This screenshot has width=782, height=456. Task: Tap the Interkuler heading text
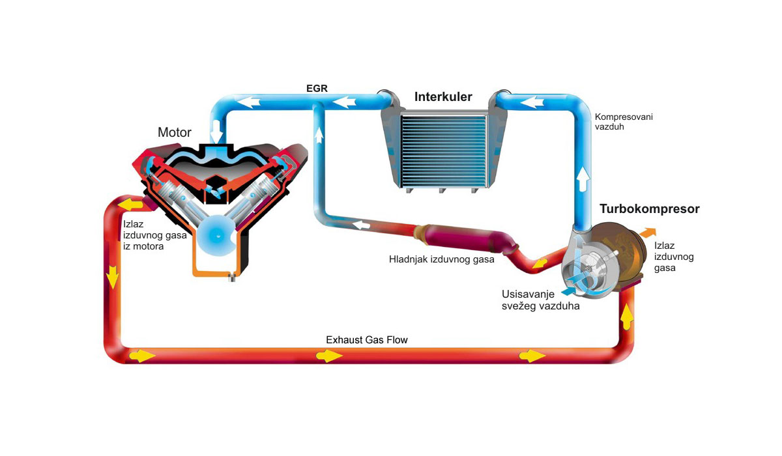[443, 98]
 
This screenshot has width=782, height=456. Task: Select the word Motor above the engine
[175, 132]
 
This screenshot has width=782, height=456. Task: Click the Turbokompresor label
[649, 209]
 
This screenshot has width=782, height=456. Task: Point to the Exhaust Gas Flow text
[367, 340]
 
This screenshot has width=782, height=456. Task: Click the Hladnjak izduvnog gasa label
[442, 259]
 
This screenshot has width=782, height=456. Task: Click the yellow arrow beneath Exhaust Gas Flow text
[330, 356]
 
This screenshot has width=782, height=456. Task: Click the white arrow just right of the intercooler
[532, 102]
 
